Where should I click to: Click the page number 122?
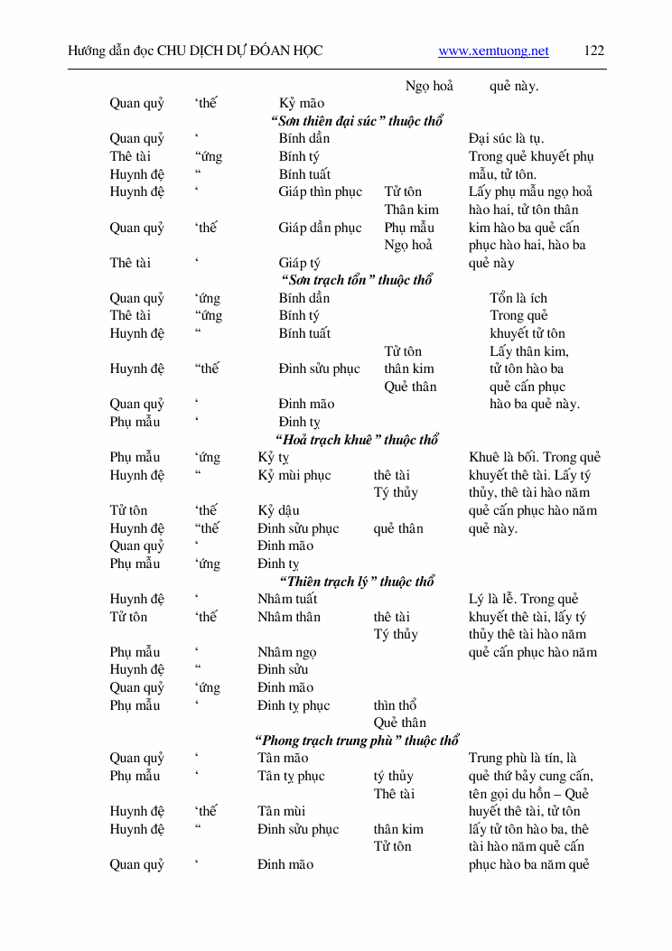(593, 51)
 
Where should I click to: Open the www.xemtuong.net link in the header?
(493, 51)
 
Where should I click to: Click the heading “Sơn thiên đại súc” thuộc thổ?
(357, 121)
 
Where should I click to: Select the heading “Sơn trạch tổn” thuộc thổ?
(357, 281)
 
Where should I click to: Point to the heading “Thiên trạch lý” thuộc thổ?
(357, 582)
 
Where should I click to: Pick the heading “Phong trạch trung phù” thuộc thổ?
(357, 741)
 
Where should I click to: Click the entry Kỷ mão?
(302, 104)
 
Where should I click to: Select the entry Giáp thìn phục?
(320, 191)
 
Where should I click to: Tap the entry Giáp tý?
(299, 264)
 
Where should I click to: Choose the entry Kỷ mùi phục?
(294, 475)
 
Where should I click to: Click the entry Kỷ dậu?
(278, 511)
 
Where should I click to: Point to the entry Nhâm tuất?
(287, 599)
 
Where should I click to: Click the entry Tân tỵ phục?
(291, 776)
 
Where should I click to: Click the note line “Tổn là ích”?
(518, 299)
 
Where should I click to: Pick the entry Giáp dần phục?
(320, 228)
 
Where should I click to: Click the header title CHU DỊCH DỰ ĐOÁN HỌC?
(239, 51)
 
